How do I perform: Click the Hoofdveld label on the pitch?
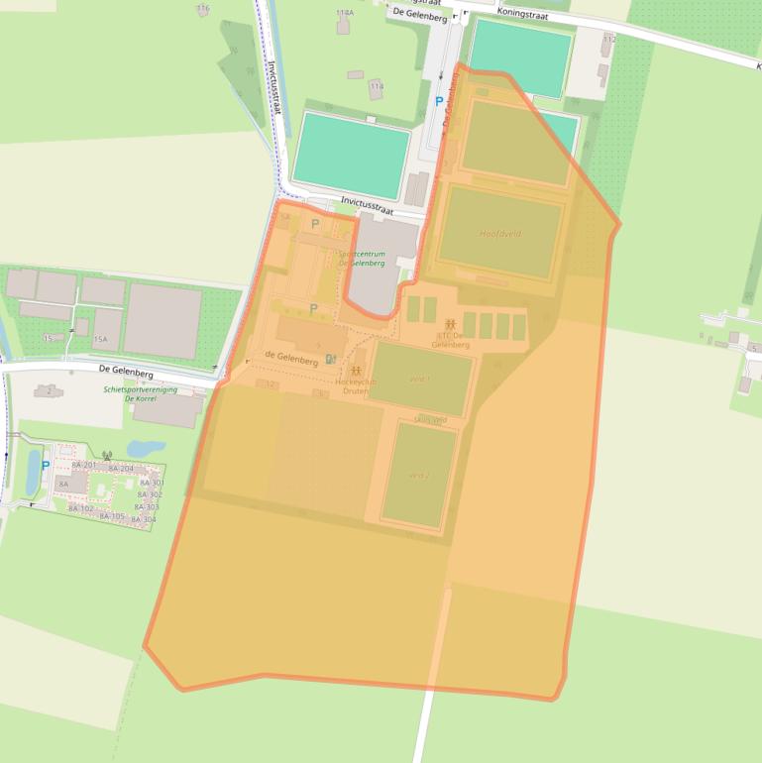click(x=500, y=234)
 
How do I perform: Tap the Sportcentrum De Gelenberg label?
click(x=362, y=259)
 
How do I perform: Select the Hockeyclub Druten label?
click(x=355, y=385)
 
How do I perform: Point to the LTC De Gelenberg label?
click(x=451, y=340)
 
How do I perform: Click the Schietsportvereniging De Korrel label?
click(x=140, y=393)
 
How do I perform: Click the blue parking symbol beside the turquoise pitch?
click(x=439, y=101)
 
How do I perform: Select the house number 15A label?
click(x=100, y=339)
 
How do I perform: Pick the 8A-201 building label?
click(x=83, y=465)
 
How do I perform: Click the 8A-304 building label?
click(x=144, y=519)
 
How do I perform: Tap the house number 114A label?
click(x=344, y=13)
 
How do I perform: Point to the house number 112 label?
click(x=607, y=39)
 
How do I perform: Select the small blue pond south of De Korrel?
click(x=147, y=449)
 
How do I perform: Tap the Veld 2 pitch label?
click(x=419, y=476)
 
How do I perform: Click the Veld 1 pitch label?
click(x=419, y=379)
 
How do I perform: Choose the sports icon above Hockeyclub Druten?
click(x=355, y=370)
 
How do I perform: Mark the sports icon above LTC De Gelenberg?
click(x=451, y=324)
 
